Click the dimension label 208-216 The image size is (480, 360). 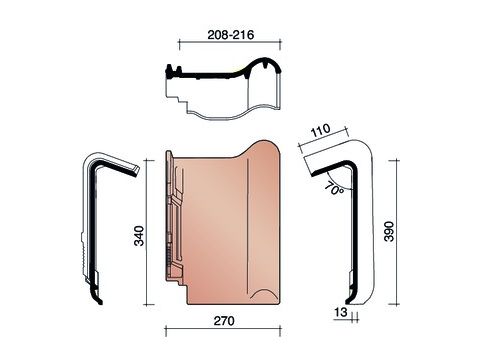tap(231, 35)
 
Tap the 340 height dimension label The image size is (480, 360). tap(139, 236)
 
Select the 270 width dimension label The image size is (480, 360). tap(224, 321)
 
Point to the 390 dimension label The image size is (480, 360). tap(389, 231)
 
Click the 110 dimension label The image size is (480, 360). tap(321, 130)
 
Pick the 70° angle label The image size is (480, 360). tap(334, 189)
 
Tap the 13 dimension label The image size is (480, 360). tap(341, 312)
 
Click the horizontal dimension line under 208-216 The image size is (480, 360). tap(230, 41)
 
